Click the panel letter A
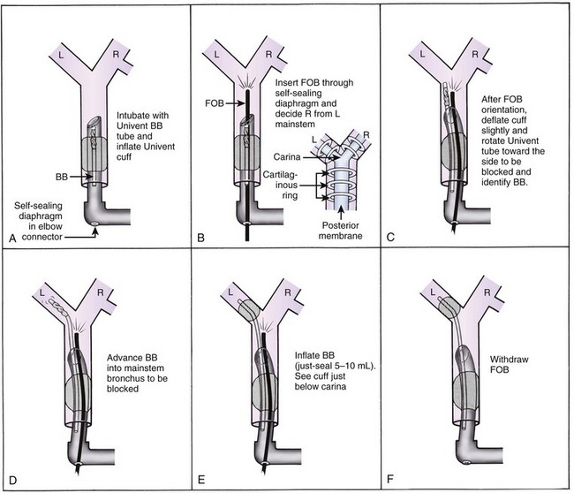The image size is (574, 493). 13,239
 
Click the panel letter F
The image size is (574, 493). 390,479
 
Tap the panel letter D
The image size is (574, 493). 13,480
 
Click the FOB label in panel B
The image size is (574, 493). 215,103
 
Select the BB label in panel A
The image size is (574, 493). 62,177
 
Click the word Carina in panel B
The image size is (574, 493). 287,157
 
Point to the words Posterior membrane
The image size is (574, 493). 341,231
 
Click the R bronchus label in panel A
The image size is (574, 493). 116,55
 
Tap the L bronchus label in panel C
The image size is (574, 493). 422,54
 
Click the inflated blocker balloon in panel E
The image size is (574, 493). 249,310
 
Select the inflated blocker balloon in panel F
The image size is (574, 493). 449,307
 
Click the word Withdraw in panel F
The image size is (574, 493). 510,360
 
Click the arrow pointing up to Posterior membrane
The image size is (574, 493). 341,213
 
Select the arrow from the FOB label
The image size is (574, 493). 235,103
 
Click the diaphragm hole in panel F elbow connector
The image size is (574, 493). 466,463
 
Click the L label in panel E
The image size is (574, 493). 230,292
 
